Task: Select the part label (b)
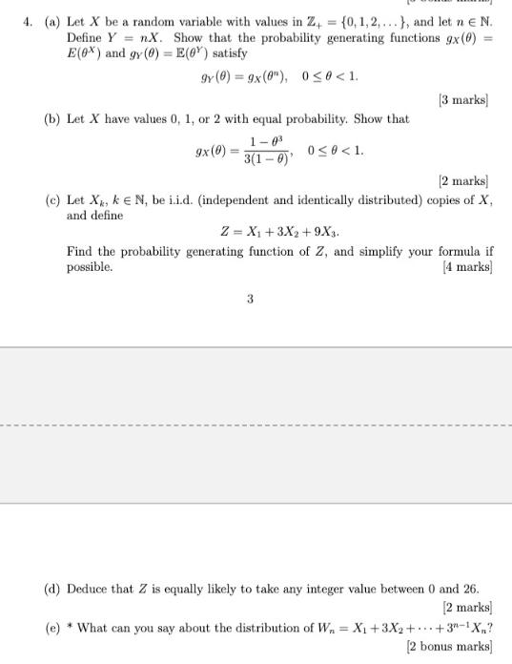tap(54, 119)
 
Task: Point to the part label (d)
tap(54, 589)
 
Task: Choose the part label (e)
tap(54, 628)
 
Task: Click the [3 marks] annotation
tap(463, 99)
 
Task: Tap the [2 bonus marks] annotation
tap(448, 646)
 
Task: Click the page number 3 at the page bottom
tap(250, 299)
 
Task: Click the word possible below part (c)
tap(89, 268)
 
